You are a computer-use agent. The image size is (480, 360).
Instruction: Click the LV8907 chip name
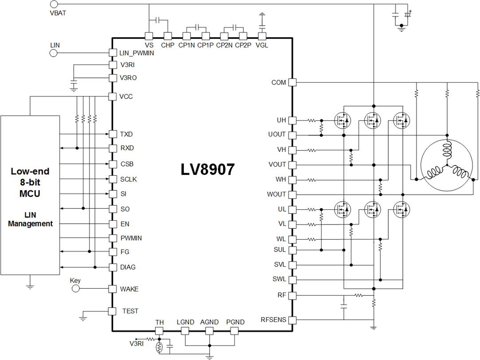point(207,170)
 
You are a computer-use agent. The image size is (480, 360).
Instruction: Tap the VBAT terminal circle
point(54,5)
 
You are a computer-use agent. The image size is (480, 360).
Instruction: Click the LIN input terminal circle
point(54,53)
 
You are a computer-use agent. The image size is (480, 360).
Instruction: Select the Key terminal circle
point(75,289)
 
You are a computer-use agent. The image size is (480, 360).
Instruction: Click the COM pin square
point(292,82)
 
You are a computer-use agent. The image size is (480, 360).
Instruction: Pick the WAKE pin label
point(129,289)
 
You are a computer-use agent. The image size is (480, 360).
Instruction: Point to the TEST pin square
point(112,311)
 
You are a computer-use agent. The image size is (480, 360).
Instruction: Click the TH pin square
point(159,331)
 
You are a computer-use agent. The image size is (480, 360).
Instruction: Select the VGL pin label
point(262,45)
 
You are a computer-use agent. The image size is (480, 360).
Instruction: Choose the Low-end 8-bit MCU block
point(30,195)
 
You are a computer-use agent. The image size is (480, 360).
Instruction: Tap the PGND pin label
point(235,322)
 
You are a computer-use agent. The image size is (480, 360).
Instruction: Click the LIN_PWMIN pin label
point(136,53)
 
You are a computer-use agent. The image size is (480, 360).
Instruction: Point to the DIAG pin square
point(112,267)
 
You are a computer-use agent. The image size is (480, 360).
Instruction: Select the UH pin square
point(292,120)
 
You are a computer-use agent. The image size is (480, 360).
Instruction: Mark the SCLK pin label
point(129,179)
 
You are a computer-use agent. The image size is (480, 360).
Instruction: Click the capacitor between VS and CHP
point(158,20)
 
